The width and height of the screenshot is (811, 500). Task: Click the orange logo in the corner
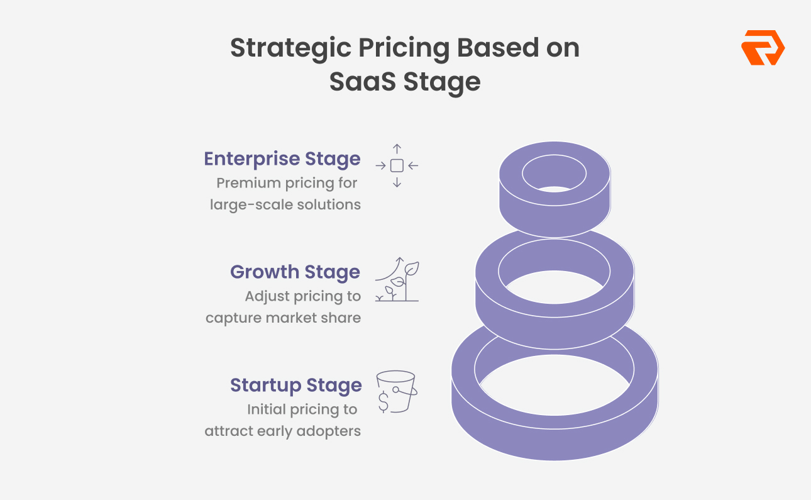[x=763, y=48]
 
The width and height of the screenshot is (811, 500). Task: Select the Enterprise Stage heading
[x=282, y=158]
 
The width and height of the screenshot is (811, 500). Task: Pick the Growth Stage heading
[x=295, y=272]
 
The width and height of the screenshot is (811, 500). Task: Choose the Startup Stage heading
[x=295, y=385]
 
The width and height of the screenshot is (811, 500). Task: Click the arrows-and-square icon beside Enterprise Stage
[x=397, y=166]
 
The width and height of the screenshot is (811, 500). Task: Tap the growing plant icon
[x=397, y=280]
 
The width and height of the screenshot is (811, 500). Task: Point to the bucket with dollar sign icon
[x=397, y=391]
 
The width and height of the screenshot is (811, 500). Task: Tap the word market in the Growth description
[x=303, y=318]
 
